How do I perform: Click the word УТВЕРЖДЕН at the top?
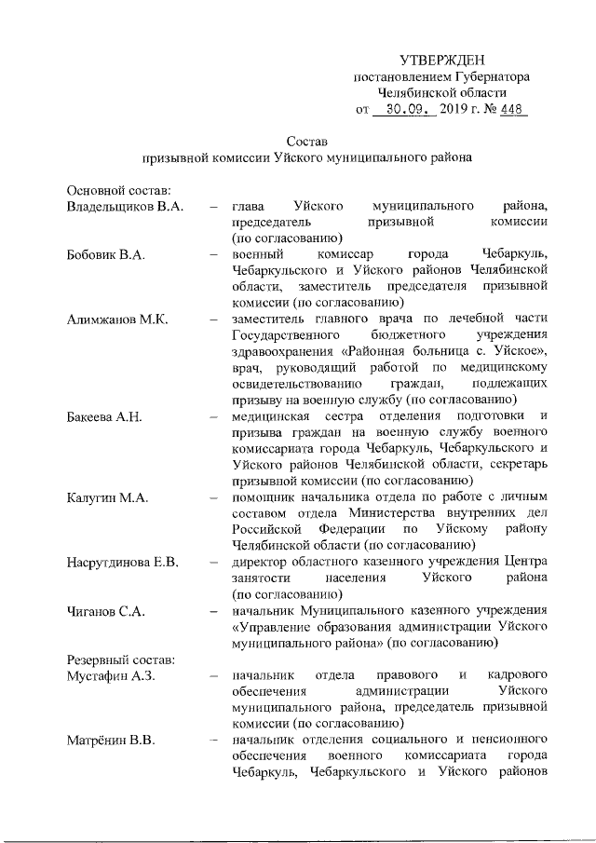(442, 61)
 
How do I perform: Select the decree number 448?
(511, 110)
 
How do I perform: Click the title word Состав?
(307, 142)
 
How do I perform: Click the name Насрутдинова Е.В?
(122, 563)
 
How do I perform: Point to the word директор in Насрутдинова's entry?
(262, 563)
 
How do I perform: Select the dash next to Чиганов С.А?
(215, 611)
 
